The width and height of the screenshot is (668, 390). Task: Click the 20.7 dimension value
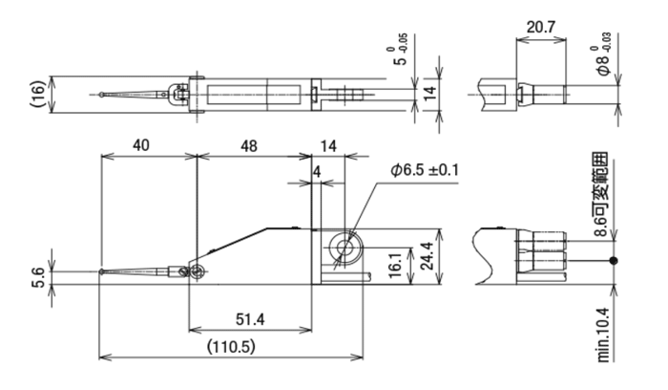[x=541, y=27]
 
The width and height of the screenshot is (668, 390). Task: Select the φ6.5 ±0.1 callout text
[x=425, y=170]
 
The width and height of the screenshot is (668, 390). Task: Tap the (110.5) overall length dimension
[x=231, y=347]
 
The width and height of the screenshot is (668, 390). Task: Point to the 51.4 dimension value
[x=250, y=319]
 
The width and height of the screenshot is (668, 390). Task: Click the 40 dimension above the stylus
[x=141, y=145]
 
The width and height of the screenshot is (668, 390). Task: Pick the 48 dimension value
[x=249, y=146]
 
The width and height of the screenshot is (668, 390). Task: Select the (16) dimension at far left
[x=37, y=95]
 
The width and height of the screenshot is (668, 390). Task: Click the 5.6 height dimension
[x=37, y=278]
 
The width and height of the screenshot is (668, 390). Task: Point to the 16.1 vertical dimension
[x=395, y=266]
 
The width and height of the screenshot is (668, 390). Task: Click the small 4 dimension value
[x=316, y=172]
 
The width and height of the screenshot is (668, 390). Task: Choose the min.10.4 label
[x=604, y=336]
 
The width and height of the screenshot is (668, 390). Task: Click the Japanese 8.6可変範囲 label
[x=601, y=194]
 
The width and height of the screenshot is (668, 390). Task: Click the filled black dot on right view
[x=614, y=261]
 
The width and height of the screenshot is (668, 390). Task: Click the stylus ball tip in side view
[x=101, y=271]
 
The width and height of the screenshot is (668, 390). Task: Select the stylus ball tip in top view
[x=101, y=95]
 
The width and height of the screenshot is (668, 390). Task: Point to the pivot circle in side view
[x=197, y=271]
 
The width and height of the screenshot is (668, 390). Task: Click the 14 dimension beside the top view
[x=430, y=92]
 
